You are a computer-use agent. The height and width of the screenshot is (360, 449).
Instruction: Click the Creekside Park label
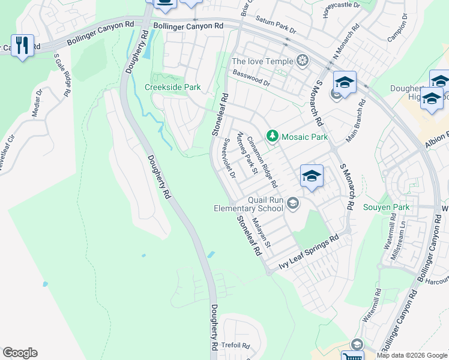[172, 87]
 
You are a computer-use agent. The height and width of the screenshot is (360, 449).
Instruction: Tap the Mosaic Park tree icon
[273, 136]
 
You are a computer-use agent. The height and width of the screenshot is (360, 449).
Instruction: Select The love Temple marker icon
[303, 61]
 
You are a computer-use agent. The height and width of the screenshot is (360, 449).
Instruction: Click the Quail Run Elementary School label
[249, 204]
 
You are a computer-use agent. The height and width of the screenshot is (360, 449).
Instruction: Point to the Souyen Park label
[386, 208]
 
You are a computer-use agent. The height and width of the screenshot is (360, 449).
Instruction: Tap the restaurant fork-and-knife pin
[22, 45]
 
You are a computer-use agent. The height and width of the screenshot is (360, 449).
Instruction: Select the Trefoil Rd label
[235, 345]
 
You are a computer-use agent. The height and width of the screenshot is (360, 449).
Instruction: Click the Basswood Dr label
[252, 77]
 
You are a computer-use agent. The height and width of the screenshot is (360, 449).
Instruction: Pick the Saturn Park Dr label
[276, 26]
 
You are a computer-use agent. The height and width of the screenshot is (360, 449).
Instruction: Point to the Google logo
[19, 353]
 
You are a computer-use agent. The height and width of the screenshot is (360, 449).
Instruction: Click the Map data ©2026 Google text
[411, 355]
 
